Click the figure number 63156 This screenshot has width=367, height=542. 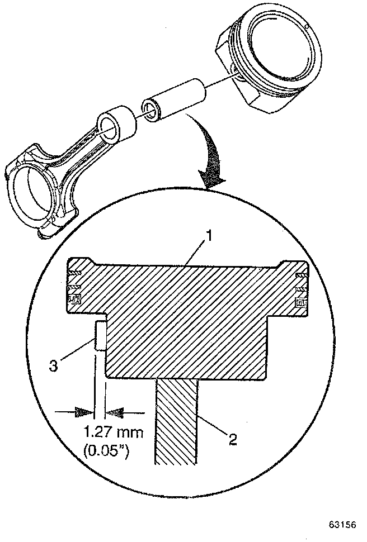[342, 526]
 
